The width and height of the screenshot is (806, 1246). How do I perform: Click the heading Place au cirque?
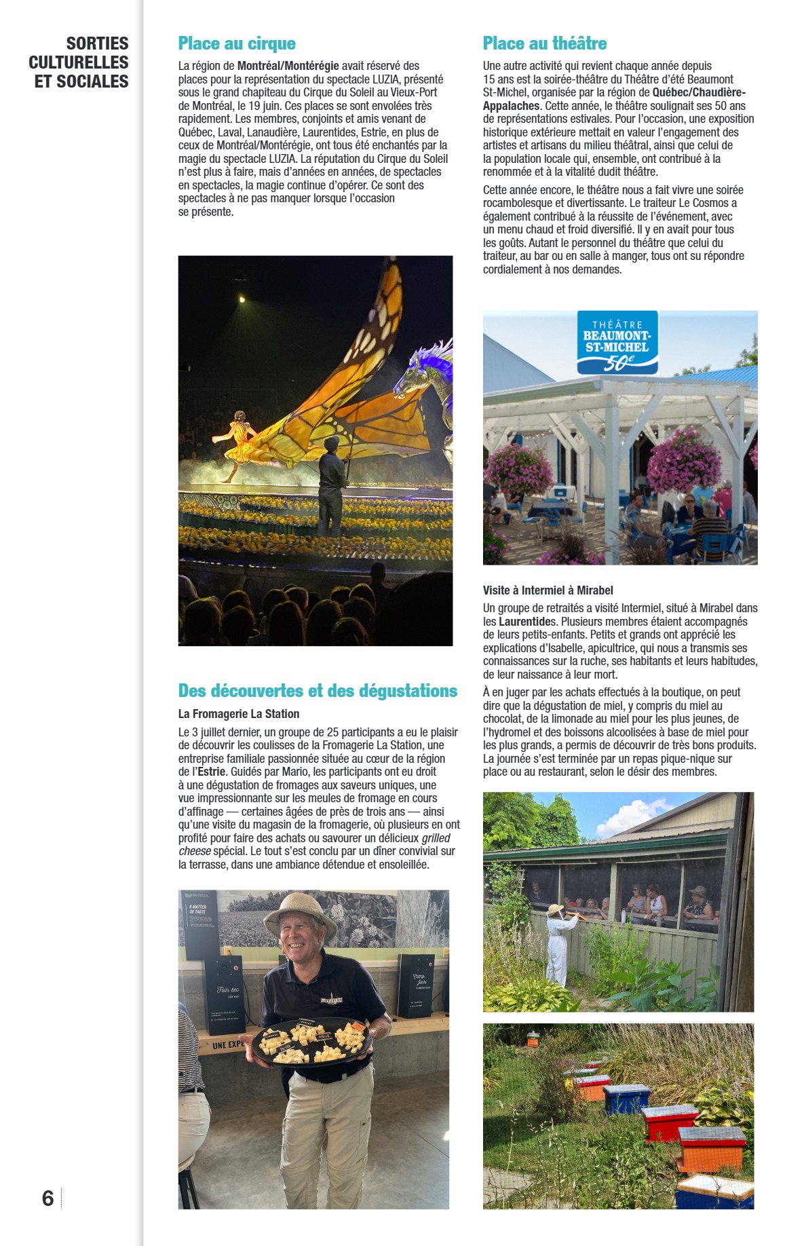tap(237, 44)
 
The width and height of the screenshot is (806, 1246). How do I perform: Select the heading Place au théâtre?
tap(544, 44)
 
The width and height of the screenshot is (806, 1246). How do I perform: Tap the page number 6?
tap(47, 1198)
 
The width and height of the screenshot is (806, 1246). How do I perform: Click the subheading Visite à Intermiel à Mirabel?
tap(548, 590)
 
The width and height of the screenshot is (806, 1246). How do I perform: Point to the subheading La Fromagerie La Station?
tap(238, 714)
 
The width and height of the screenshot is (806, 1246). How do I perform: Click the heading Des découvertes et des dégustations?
tap(318, 691)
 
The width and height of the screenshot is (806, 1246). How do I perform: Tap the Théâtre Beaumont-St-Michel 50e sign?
tap(617, 343)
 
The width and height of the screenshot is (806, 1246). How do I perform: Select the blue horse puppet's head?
tap(424, 370)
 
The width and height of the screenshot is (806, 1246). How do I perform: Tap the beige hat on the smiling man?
tap(299, 913)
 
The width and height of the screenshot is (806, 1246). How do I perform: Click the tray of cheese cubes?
tap(312, 1042)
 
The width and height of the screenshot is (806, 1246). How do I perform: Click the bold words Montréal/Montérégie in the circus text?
tap(288, 67)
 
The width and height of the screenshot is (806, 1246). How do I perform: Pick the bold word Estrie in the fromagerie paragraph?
tap(212, 772)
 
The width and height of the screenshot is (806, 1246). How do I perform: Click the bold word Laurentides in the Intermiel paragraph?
tap(527, 622)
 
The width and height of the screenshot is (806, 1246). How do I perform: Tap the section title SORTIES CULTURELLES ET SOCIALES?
tap(79, 62)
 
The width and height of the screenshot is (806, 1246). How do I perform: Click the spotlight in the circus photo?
tap(242, 299)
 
